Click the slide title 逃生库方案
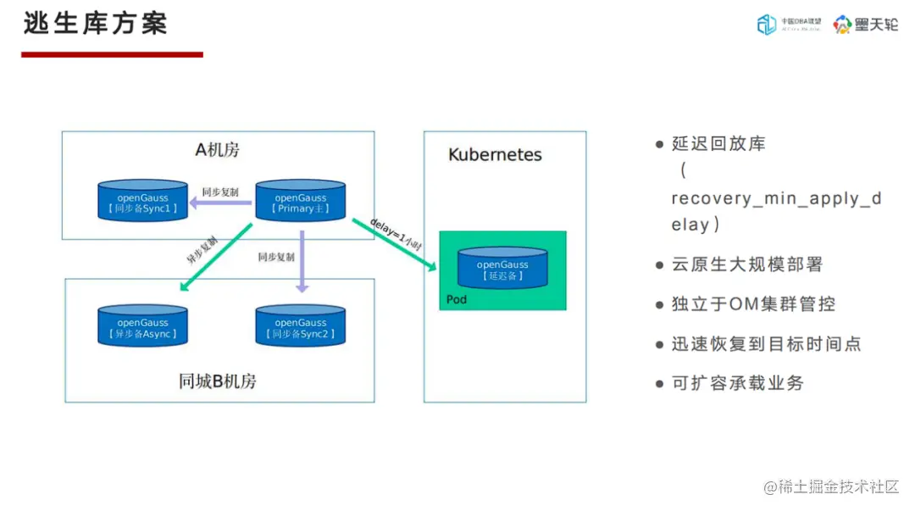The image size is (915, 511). click(95, 23)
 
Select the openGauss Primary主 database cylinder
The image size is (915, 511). click(300, 201)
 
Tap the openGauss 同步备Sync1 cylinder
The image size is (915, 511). click(142, 201)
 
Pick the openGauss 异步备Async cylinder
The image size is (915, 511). click(142, 326)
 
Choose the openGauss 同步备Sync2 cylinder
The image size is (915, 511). click(300, 326)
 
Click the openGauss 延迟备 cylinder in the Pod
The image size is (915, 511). click(502, 269)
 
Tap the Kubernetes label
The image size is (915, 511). click(495, 155)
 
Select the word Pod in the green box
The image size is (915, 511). click(457, 299)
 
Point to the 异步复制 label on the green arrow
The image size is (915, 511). click(202, 250)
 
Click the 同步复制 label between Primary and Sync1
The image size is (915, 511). click(219, 192)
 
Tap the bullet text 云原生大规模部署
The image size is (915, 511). click(746, 264)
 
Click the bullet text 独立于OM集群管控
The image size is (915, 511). click(753, 304)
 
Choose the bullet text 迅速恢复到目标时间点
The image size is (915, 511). click(766, 344)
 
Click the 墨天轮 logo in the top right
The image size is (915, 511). click(865, 25)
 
